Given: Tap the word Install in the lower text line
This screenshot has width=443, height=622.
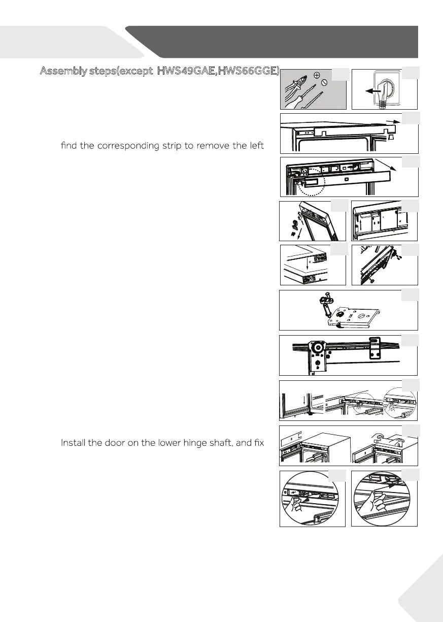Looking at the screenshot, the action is [x=74, y=443].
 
